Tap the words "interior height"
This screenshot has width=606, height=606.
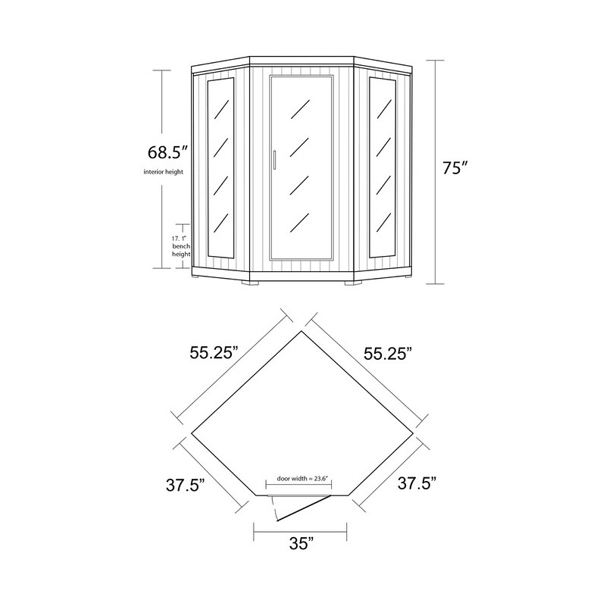click(x=164, y=173)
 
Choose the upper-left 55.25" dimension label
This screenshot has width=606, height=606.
click(x=214, y=352)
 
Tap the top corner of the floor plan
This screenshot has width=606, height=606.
click(x=302, y=330)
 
